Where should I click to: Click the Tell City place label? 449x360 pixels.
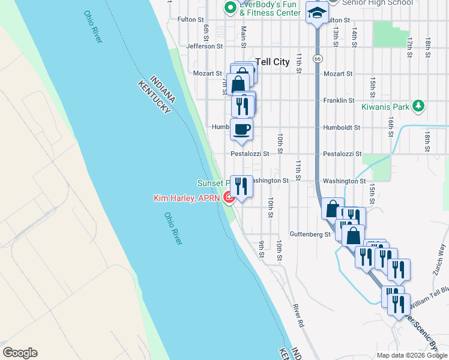(273, 61)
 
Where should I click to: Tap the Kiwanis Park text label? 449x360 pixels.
(385, 107)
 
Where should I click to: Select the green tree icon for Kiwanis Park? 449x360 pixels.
(418, 107)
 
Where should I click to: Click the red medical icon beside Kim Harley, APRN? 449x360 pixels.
(229, 197)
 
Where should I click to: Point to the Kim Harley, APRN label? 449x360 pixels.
(187, 197)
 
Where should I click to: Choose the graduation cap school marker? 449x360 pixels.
(316, 11)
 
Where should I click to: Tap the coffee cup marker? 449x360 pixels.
(241, 129)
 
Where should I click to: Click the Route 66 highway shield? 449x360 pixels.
(318, 58)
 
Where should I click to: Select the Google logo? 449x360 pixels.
(20, 353)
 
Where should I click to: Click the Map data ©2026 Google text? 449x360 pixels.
(411, 355)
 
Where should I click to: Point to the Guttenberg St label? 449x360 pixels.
(310, 234)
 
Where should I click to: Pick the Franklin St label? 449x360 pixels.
(337, 101)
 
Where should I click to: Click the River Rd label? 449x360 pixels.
(297, 316)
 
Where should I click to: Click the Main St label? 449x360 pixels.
(244, 37)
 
